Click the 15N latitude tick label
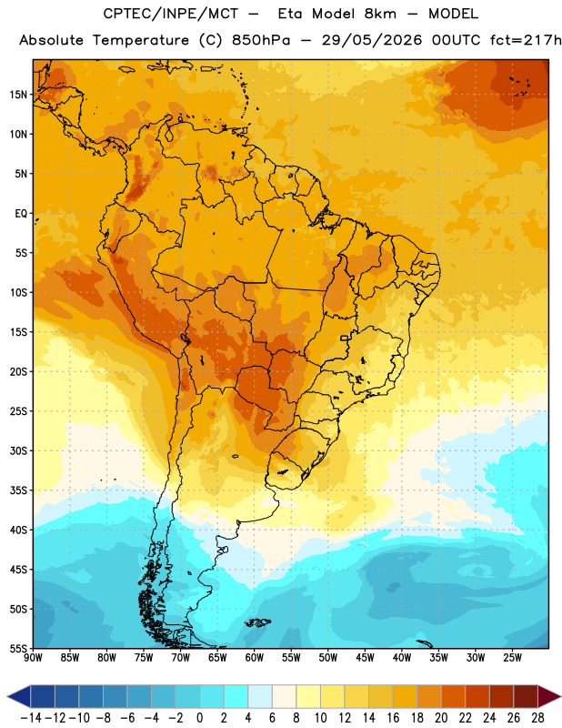coord(18,95)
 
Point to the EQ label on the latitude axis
coord(21,214)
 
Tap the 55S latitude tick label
coord(18,648)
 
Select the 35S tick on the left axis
coord(18,490)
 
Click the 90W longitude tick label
coord(34,658)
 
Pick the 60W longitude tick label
coord(255,658)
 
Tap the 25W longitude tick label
coord(512,658)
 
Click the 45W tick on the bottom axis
coord(365,658)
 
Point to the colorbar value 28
coord(537,718)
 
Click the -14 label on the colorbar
coord(31,718)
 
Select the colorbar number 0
coord(200,718)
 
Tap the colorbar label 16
coord(393,718)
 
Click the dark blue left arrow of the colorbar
coord(19,696)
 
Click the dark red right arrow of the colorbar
coord(550,696)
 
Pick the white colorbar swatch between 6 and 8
coord(284,696)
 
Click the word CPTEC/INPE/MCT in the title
coord(171,14)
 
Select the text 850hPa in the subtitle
coord(261,40)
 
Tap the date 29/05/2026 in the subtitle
coord(372,40)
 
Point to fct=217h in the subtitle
coord(526,40)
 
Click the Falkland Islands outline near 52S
coord(257,622)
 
